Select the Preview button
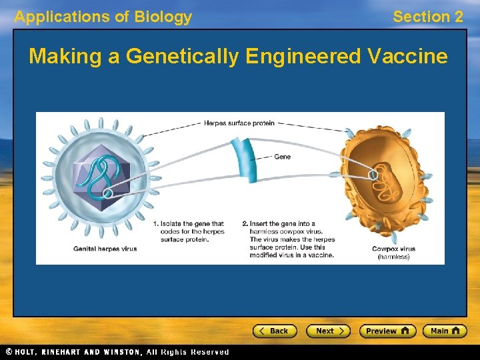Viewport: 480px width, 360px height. [387, 331]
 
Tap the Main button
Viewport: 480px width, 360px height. [443, 331]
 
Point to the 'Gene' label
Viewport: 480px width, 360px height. [283, 157]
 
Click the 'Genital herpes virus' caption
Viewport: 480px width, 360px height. [105, 249]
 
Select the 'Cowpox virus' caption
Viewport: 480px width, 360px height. [393, 249]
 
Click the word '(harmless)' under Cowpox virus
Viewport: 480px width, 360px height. [393, 256]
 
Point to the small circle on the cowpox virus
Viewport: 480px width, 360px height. [373, 175]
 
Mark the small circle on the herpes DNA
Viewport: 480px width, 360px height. [107, 193]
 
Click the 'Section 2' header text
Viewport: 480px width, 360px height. [427, 17]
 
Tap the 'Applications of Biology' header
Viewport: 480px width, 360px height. [103, 17]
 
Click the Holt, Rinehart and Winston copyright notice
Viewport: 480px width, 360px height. [117, 352]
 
